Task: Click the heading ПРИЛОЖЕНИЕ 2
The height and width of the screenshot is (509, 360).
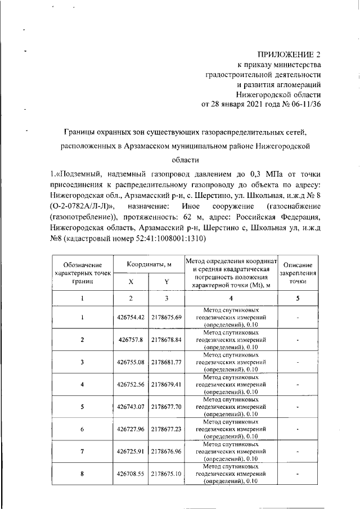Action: click(289, 55)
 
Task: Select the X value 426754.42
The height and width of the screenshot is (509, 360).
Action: click(130, 317)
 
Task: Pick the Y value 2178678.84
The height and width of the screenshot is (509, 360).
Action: click(166, 340)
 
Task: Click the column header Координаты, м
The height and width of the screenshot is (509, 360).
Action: click(148, 263)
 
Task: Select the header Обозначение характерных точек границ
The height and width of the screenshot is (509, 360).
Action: click(82, 272)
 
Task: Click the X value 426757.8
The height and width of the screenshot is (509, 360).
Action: click(130, 340)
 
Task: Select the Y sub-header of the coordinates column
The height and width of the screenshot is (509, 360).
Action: click(166, 281)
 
